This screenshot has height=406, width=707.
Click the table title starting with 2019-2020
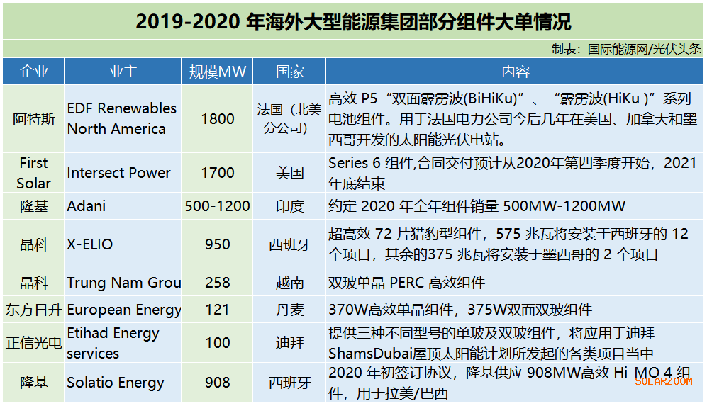(353, 21)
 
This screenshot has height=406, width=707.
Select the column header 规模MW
(217, 72)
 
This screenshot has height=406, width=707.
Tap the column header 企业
(34, 72)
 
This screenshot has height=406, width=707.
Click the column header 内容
(515, 72)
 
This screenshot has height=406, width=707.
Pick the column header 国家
(289, 72)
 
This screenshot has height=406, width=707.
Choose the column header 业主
(123, 72)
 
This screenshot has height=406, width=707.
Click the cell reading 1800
(217, 118)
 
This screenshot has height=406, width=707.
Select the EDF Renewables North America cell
(121, 118)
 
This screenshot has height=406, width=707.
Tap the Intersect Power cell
(118, 173)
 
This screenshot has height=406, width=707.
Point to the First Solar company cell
(34, 173)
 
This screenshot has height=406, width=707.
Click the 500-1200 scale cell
(217, 206)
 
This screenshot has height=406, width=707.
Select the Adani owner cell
(87, 206)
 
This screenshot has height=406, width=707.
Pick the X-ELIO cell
(90, 244)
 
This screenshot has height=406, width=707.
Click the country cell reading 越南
(289, 283)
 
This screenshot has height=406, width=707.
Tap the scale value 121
(217, 310)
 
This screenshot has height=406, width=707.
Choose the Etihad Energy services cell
(113, 343)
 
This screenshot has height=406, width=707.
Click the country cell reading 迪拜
(289, 343)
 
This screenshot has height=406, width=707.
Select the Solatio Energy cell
(116, 383)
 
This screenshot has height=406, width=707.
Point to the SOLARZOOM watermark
(663, 381)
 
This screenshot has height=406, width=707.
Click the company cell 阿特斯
(34, 118)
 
